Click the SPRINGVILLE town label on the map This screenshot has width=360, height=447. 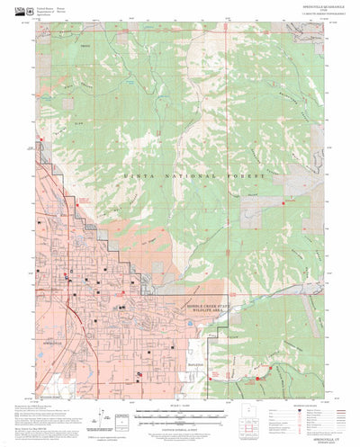[53, 343]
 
